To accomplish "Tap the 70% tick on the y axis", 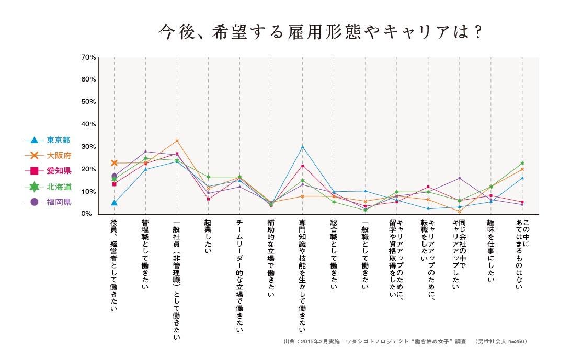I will pos(88,57).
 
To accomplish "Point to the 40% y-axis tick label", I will pos(88,124).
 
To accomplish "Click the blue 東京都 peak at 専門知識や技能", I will pos(302,147).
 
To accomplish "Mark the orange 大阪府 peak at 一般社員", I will pos(177,141).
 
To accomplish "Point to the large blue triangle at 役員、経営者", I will pos(114,202).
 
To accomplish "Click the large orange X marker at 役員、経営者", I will pos(114,163).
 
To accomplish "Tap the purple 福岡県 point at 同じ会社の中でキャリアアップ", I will pos(459,178).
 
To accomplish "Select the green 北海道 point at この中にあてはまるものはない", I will pos(522,164).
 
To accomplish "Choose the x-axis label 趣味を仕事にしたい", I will pos(491,251).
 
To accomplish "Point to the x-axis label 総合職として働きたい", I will pos(334,254).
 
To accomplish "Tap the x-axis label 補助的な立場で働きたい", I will pos(271,258).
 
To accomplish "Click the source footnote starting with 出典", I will pos(405,341).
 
